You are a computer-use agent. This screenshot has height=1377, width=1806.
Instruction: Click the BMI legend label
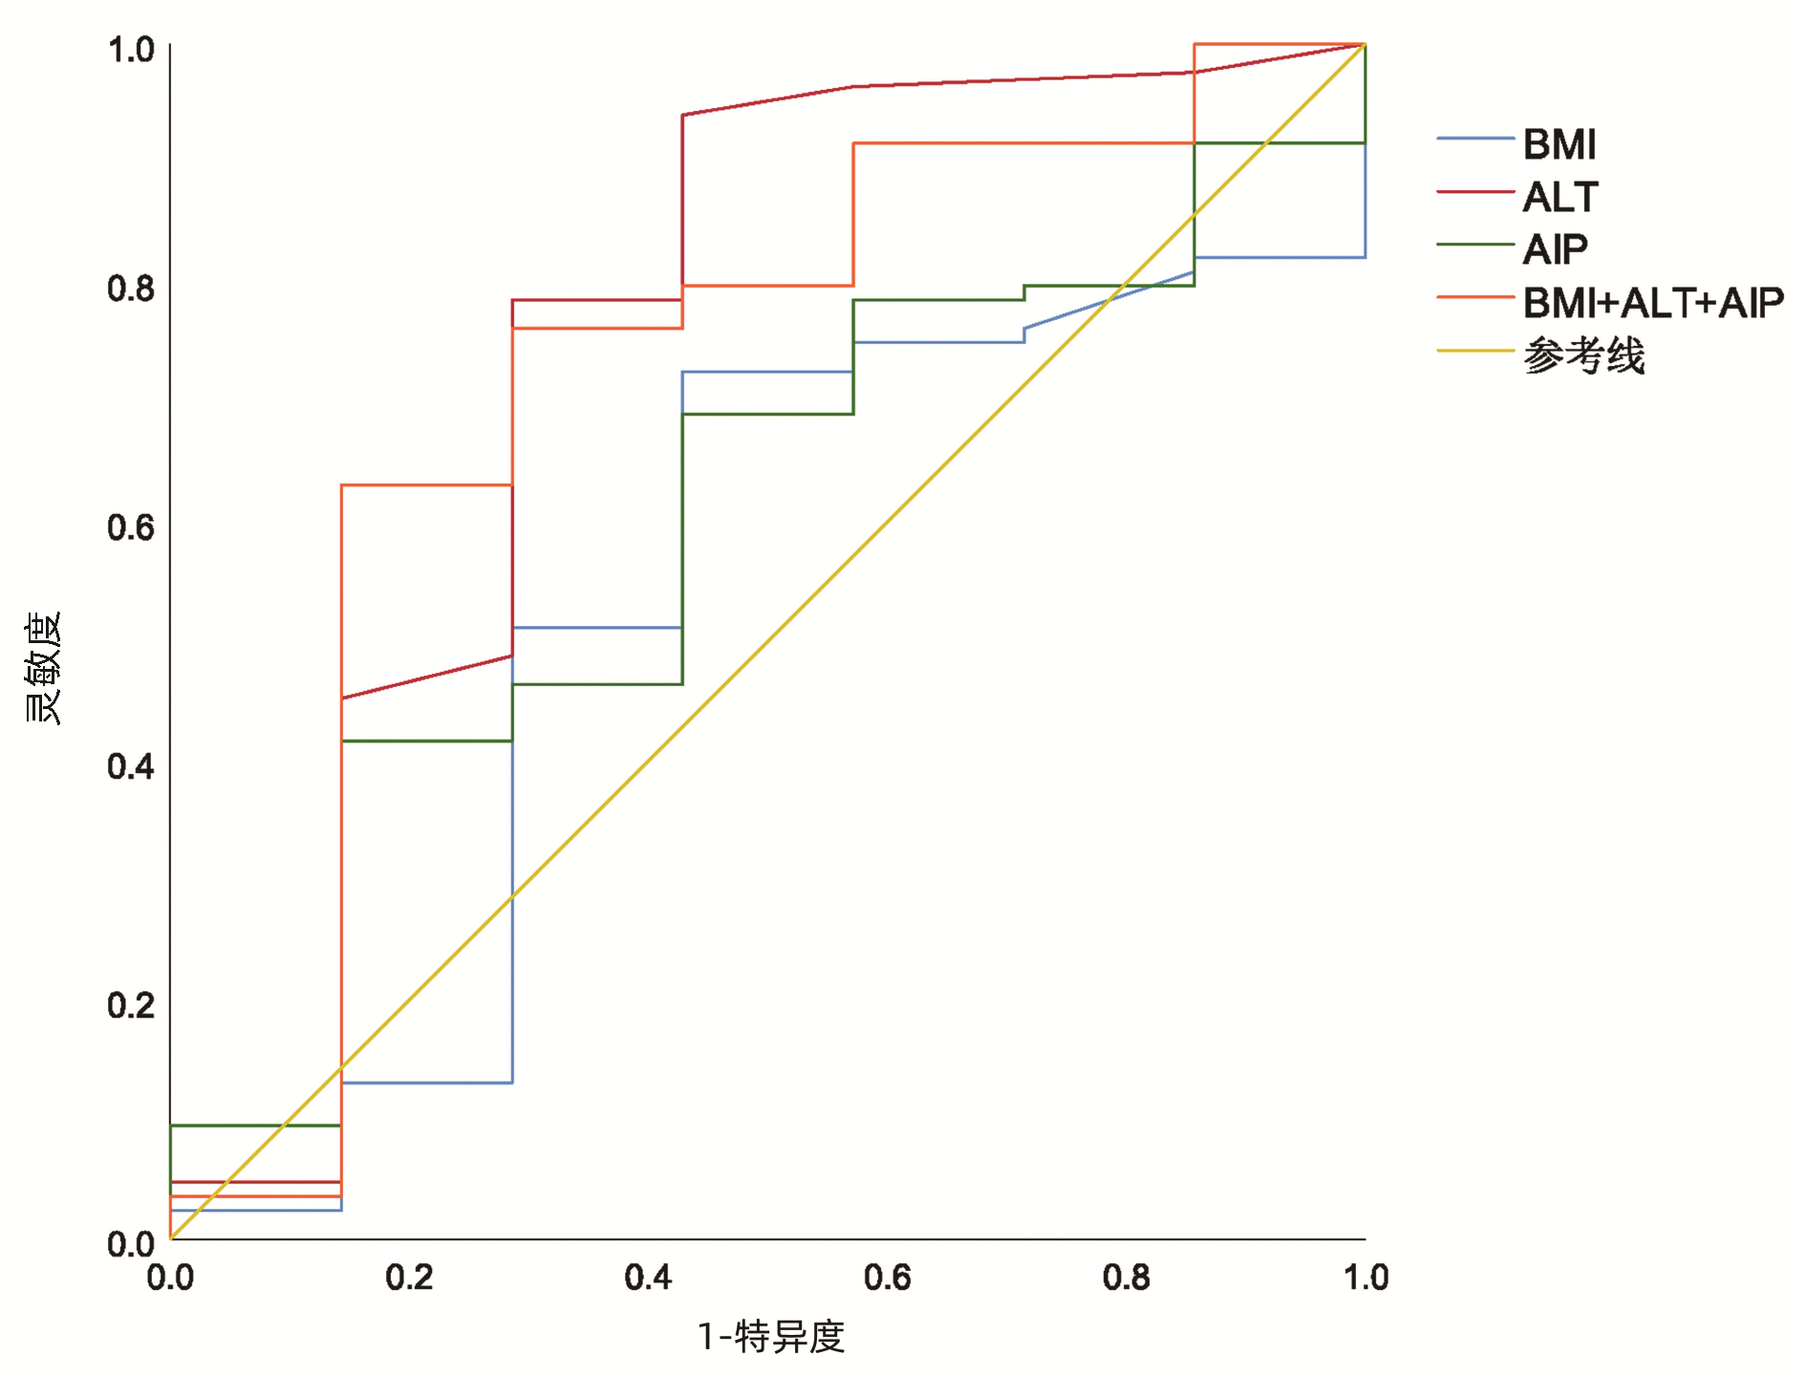[1559, 145]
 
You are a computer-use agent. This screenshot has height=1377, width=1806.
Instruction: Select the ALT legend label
[1559, 198]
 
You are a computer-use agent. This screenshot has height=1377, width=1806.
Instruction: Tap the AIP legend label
[1555, 250]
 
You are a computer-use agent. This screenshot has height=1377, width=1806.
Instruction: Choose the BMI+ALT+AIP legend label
[1652, 303]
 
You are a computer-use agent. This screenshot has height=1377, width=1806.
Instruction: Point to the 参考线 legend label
[1583, 355]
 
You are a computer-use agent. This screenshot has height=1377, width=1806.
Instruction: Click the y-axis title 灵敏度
[43, 667]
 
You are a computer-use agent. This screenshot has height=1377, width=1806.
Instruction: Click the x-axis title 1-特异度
[771, 1337]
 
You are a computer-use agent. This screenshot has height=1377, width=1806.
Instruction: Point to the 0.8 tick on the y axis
[131, 288]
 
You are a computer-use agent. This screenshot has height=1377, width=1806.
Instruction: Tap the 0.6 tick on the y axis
[131, 527]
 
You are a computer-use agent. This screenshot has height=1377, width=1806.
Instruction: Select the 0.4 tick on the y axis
[131, 766]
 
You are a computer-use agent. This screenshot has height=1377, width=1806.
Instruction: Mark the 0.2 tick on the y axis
[131, 1005]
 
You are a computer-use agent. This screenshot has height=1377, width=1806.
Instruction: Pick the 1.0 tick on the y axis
[131, 50]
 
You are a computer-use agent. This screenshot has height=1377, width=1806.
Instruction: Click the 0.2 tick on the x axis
[409, 1278]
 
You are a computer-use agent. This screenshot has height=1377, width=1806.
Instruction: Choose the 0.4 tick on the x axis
[648, 1278]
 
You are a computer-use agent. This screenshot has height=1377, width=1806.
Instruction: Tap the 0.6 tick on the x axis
[887, 1278]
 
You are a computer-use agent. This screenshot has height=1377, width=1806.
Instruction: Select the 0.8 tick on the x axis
[1126, 1278]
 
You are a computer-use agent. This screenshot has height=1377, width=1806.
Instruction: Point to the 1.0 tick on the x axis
[1365, 1278]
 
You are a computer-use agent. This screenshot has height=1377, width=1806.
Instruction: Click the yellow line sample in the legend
[1474, 351]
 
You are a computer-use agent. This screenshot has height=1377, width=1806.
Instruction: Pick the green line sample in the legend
[1474, 245]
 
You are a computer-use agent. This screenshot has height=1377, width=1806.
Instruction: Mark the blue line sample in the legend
[1474, 140]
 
